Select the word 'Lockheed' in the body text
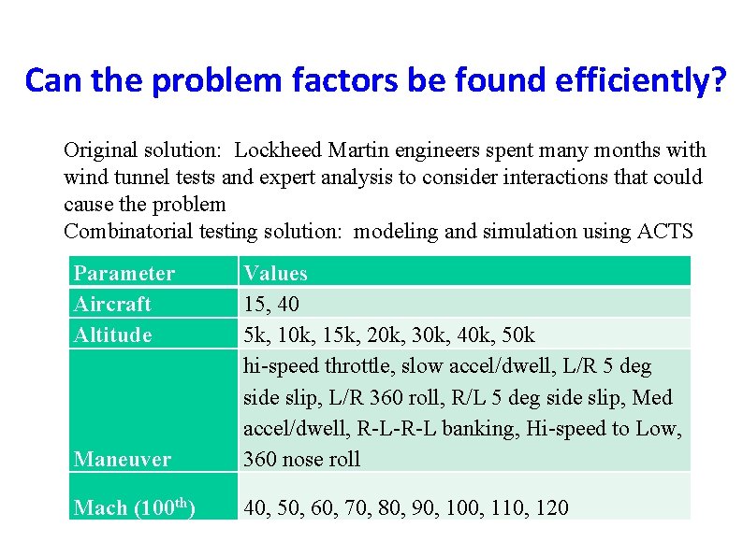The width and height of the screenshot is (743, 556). tap(274, 150)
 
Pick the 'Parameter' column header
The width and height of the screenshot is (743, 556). tap(124, 273)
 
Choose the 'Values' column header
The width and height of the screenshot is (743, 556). tap(275, 273)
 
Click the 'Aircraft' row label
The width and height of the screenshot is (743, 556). tap(112, 304)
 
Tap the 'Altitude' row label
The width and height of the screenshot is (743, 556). tap(112, 335)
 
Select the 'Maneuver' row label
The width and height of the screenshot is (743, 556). tap(122, 459)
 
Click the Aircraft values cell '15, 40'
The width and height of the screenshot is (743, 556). tap(271, 304)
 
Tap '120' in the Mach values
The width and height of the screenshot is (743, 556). tap(552, 507)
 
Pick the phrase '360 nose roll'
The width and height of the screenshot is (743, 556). tap(301, 459)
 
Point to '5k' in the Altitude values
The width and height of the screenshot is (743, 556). tap(255, 335)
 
